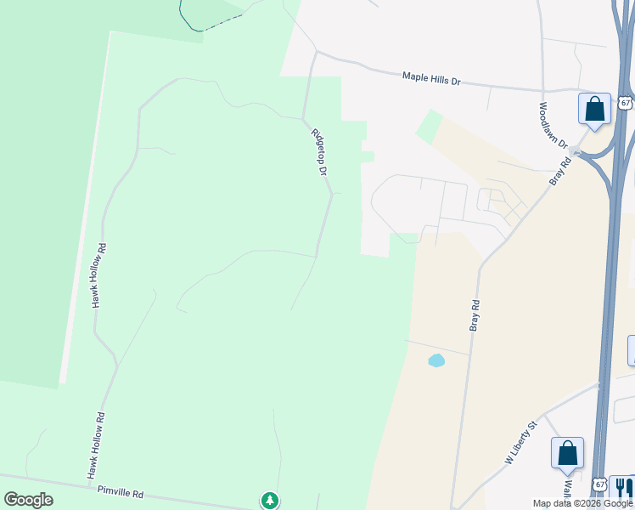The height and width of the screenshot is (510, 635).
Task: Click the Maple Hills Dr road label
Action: [430, 79]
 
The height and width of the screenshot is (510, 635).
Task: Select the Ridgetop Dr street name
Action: [319, 152]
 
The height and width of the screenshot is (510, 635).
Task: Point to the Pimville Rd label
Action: [121, 492]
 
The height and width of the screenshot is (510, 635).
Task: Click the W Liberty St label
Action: [522, 442]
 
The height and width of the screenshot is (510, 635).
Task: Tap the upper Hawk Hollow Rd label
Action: [100, 275]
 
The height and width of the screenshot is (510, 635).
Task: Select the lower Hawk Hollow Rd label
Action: [99, 444]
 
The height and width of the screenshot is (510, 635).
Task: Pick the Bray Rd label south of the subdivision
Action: [475, 314]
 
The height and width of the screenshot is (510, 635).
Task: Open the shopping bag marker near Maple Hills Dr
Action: [594, 109]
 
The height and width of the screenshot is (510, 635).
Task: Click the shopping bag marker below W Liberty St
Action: [567, 453]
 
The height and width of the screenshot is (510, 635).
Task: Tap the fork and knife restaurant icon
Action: [623, 487]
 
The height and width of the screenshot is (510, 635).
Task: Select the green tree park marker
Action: [270, 500]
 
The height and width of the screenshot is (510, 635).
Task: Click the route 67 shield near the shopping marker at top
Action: [625, 102]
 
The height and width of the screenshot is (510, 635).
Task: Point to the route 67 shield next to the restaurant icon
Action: [600, 484]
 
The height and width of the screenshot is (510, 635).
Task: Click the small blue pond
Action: [436, 360]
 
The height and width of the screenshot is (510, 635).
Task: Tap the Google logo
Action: [28, 499]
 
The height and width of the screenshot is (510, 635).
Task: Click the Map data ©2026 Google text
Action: [582, 503]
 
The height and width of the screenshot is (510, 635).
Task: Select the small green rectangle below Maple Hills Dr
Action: [430, 127]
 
